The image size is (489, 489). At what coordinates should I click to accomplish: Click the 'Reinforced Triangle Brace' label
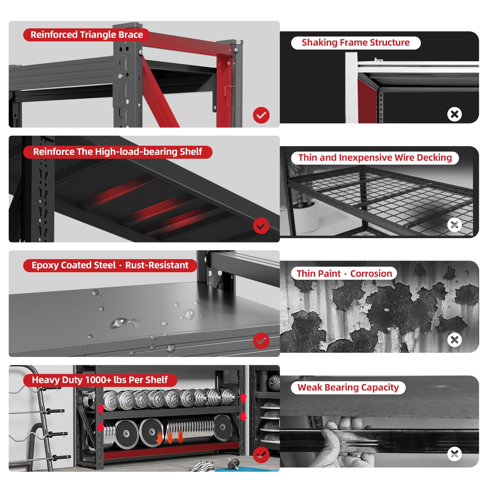(86, 35)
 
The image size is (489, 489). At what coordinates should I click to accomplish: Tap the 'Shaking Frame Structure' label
(356, 43)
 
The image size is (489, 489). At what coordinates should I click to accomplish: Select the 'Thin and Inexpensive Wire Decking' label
(375, 158)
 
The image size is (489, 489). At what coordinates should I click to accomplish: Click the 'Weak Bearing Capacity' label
(348, 388)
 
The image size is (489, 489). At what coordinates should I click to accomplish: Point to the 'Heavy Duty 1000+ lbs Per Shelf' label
(100, 380)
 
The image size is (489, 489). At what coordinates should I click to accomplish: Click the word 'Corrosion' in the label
(371, 274)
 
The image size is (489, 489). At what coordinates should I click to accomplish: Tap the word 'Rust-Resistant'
(157, 265)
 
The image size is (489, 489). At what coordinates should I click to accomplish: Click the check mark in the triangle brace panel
(261, 115)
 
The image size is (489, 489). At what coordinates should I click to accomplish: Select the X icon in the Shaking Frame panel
(454, 114)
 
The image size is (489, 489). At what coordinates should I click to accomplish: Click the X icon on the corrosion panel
(454, 340)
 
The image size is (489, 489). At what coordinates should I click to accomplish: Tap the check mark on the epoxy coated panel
(261, 341)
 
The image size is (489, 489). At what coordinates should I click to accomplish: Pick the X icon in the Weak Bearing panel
(454, 454)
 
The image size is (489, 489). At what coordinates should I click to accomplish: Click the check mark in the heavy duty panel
(261, 455)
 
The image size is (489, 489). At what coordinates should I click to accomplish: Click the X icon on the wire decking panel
(454, 225)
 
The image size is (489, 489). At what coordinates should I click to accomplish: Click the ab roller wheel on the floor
(233, 464)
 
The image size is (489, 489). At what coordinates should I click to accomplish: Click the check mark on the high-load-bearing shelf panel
(261, 226)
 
